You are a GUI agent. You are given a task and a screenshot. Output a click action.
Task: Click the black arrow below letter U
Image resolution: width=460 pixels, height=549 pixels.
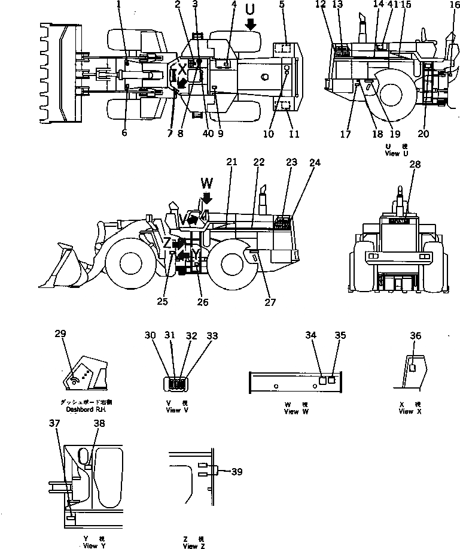[x=250, y=24]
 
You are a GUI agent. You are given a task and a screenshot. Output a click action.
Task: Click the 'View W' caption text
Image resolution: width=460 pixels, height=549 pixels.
[x=292, y=411]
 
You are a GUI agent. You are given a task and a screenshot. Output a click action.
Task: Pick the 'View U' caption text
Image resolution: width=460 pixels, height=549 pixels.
[x=392, y=153]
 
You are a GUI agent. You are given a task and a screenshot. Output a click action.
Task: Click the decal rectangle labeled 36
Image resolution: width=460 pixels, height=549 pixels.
[x=412, y=368]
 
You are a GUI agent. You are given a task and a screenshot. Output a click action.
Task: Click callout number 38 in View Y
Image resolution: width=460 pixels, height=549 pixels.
[x=99, y=423]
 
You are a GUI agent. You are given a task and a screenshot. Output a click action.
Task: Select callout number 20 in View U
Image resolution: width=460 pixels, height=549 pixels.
[x=424, y=134]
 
